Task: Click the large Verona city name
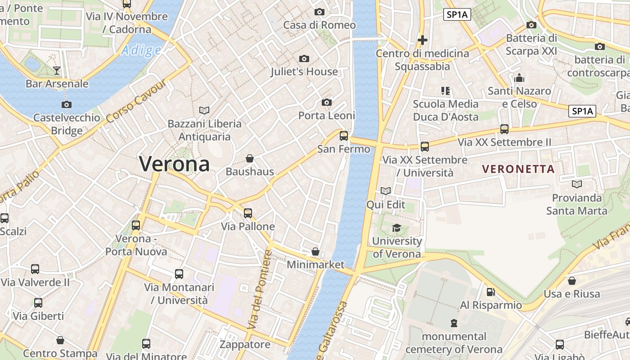pyautogui.click(x=174, y=164)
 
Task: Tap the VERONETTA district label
pyautogui.click(x=518, y=169)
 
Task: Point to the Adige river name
pyautogui.click(x=141, y=50)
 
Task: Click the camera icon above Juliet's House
pyautogui.click(x=304, y=58)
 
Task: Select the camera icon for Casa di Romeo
pyautogui.click(x=319, y=12)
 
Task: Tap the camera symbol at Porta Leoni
pyautogui.click(x=327, y=103)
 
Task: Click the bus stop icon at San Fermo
pyautogui.click(x=344, y=135)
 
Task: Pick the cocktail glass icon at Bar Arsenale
pyautogui.click(x=57, y=70)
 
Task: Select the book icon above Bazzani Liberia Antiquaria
pyautogui.click(x=204, y=110)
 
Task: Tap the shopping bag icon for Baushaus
pyautogui.click(x=250, y=158)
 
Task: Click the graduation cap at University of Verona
pyautogui.click(x=396, y=228)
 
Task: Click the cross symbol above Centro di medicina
pyautogui.click(x=422, y=40)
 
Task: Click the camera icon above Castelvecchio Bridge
pyautogui.click(x=67, y=105)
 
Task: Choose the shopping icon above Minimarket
pyautogui.click(x=315, y=252)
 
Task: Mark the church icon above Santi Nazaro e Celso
pyautogui.click(x=519, y=78)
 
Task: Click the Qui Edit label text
pyautogui.click(x=386, y=205)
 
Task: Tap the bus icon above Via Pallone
pyautogui.click(x=248, y=213)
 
